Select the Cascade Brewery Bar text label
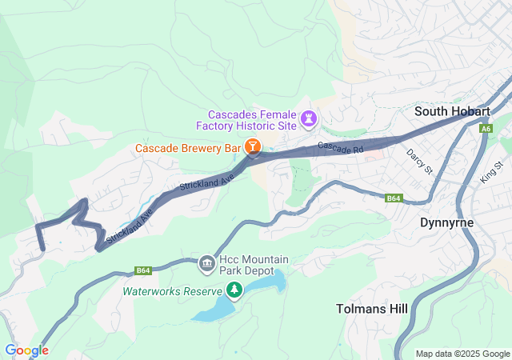tap(188, 148)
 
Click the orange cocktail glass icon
tap(253, 147)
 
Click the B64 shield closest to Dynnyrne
tap(393, 198)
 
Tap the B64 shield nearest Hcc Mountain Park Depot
tap(143, 270)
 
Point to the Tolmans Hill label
tap(371, 309)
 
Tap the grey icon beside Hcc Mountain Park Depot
tap(206, 262)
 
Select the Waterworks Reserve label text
tap(172, 290)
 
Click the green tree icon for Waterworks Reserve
tap(234, 290)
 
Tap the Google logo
tap(26, 350)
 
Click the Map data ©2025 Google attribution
tap(462, 354)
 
